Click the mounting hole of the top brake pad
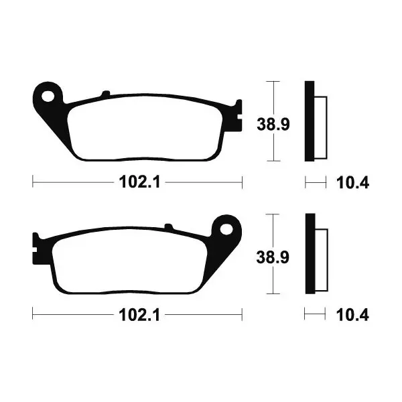click(48, 96)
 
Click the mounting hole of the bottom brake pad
click(226, 228)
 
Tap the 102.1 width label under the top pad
click(139, 182)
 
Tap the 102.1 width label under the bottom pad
click(139, 315)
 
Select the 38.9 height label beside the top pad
click(273, 125)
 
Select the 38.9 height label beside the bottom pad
click(273, 257)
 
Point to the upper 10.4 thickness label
click(352, 183)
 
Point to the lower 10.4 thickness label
click(352, 315)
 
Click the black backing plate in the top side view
click(310, 121)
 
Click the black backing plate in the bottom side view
click(310, 253)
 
